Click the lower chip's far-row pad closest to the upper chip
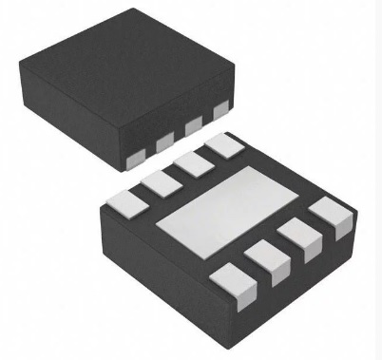point(223,145)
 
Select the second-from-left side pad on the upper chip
point(164,139)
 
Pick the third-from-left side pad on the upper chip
point(194,125)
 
